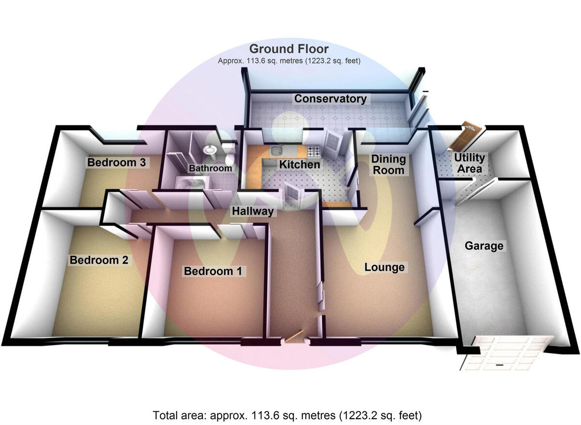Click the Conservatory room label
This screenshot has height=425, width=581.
pyautogui.click(x=330, y=99)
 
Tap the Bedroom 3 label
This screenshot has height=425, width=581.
pyautogui.click(x=116, y=162)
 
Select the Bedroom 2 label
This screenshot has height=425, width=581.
pyautogui.click(x=99, y=260)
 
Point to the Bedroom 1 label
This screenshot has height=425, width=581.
pyautogui.click(x=213, y=271)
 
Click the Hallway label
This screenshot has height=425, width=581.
pyautogui.click(x=252, y=211)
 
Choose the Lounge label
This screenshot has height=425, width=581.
pyautogui.click(x=384, y=267)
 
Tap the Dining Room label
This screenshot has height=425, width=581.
pyautogui.click(x=388, y=164)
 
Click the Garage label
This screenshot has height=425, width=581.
pyautogui.click(x=484, y=246)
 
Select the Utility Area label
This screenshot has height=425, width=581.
pyautogui.click(x=469, y=163)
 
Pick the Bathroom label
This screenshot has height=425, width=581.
pyautogui.click(x=210, y=169)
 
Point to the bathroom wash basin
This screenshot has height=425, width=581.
pyautogui.click(x=211, y=150)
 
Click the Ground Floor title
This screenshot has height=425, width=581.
pyautogui.click(x=289, y=49)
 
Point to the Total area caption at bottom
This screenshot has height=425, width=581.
pyautogui.click(x=288, y=415)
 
